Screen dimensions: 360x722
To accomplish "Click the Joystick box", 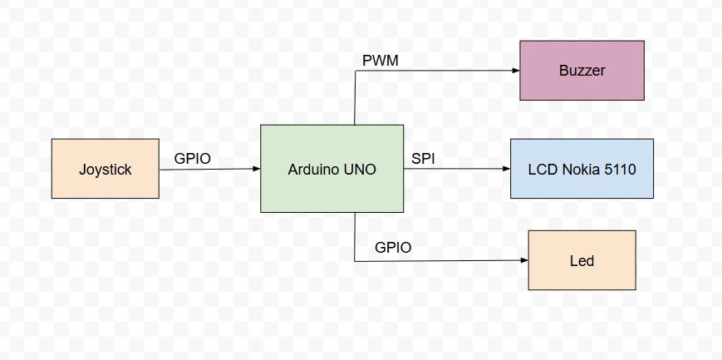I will click(105, 169).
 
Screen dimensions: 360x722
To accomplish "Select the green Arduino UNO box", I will click(332, 169).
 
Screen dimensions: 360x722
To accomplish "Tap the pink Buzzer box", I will click(582, 71).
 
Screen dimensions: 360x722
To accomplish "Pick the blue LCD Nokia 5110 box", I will click(582, 169).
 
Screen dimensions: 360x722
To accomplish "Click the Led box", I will click(582, 260).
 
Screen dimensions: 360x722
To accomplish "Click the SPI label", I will click(423, 157).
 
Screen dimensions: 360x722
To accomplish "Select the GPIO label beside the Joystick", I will click(192, 157).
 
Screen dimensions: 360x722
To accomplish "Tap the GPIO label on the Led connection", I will click(393, 247).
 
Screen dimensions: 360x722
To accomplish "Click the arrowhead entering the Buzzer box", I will click(515, 71).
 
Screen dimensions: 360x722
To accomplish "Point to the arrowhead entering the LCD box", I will click(505, 169).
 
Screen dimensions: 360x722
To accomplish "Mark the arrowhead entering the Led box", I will click(523, 260).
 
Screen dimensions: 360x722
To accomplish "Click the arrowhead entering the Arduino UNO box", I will click(256, 169).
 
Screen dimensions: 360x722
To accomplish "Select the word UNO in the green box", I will click(359, 170).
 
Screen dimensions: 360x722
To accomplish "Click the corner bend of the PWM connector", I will click(355, 71).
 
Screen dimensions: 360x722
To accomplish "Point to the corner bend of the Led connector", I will click(355, 261).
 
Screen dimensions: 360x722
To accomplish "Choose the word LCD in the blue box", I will click(543, 170).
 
